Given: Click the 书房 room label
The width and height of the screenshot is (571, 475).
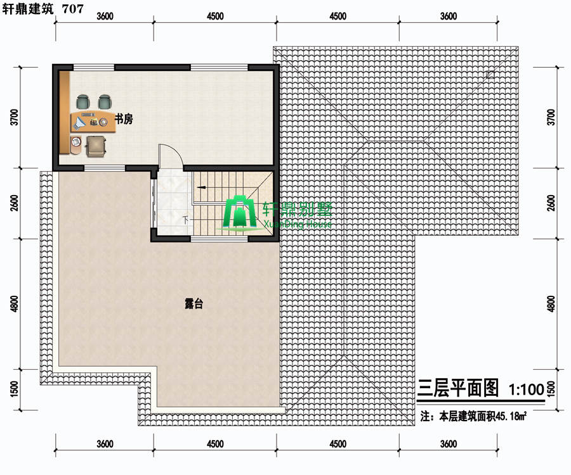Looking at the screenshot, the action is pos(124,119).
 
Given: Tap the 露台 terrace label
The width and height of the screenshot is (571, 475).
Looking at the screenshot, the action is pos(194,303).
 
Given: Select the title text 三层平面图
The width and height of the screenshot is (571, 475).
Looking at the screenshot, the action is pos(457,388).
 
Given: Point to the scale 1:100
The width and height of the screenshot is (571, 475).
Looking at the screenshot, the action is pos(526,389).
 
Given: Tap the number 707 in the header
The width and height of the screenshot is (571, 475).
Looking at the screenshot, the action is pos(72,9).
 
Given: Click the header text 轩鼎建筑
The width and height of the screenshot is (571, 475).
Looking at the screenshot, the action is pos(28,9).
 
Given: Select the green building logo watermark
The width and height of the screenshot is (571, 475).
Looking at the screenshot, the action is pos(240,213).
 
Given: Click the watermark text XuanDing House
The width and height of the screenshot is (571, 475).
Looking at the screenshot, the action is pos(297,224).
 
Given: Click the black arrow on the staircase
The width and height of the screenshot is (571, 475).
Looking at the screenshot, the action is pos(201,187).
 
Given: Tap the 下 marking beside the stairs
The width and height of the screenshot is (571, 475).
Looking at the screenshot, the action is pos(186,220).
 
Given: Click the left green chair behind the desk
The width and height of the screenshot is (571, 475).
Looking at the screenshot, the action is pos(82,102).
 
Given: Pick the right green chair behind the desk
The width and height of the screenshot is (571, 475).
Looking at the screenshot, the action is pos(105,102).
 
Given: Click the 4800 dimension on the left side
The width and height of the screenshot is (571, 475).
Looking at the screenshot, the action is pos(14,304).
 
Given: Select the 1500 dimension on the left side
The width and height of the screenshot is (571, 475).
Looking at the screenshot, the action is pos(14,389).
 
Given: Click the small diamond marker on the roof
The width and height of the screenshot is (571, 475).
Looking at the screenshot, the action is pos(490,75).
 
